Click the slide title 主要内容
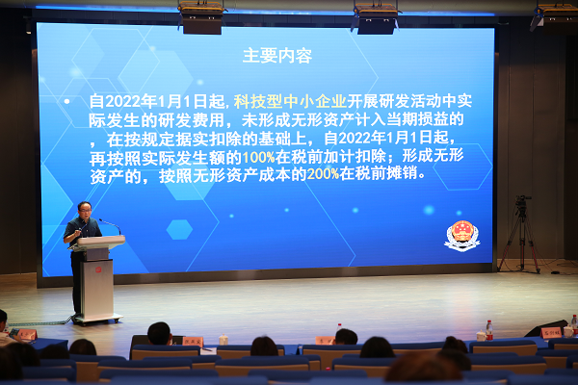pyautogui.click(x=277, y=56)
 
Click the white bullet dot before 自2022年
pyautogui.click(x=66, y=100)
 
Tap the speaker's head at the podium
pyautogui.click(x=85, y=210)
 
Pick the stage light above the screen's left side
pyautogui.click(x=201, y=18)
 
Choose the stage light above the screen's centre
pyautogui.click(x=375, y=18)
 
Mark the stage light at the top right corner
pyautogui.click(x=554, y=13)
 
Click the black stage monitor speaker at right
pyautogui.click(x=544, y=329)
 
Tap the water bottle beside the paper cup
pyautogui.click(x=488, y=330)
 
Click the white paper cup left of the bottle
pyautogui.click(x=480, y=336)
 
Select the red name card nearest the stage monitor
pyautogui.click(x=551, y=333)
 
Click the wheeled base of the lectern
pyautogui.click(x=98, y=319)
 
